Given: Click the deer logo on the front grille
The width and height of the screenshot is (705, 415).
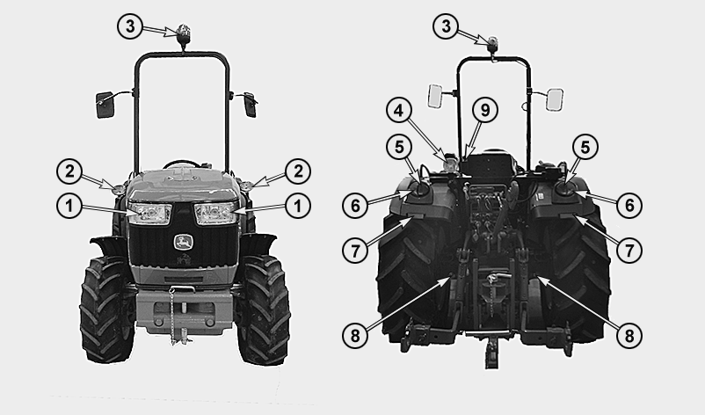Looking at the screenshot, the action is pos(184,243).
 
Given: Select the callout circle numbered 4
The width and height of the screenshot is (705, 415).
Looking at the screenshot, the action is pos(399,111).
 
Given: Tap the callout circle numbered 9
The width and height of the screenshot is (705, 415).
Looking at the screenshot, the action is pos(485,110).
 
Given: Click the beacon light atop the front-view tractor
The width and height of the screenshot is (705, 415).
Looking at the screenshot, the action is pos(183,35).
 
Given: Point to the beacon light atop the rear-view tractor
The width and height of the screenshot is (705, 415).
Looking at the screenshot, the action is pos(493,44).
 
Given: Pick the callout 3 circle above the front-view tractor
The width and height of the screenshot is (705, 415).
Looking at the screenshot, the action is pos(130,26).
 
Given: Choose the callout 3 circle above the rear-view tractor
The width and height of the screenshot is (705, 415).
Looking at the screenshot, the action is pos(446,26).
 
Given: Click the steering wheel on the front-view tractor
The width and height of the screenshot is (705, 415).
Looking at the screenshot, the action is pos(183,164).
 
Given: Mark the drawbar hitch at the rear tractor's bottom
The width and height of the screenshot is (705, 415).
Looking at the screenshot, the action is pos(492,352).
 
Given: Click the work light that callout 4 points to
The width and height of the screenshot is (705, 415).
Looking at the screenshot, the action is pos(450,164).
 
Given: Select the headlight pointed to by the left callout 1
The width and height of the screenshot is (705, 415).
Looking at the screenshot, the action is pos(149,214).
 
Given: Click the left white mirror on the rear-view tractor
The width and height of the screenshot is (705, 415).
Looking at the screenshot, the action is pos(435,96).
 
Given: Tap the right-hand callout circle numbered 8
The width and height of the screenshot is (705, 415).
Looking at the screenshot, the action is pos(629,335).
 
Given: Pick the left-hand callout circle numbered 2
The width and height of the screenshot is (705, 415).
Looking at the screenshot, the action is pos(69,171).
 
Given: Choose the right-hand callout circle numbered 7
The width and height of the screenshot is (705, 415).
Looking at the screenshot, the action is pos(629,250).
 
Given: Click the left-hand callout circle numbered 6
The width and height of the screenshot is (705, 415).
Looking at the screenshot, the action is pos(356,206).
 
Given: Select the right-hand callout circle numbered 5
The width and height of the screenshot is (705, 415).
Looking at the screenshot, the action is pos(585,147).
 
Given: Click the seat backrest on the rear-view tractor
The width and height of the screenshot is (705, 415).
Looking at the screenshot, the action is pos(486,164).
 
